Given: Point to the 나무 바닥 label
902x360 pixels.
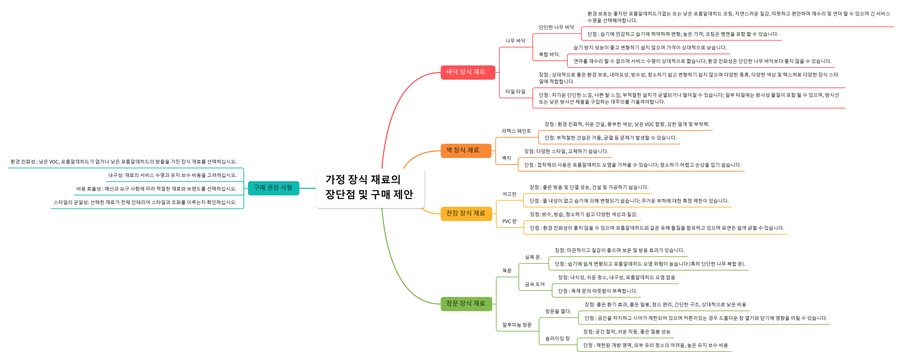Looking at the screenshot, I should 515,41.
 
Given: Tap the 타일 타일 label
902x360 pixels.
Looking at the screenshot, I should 515,92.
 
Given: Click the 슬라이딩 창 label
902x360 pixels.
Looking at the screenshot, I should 557,339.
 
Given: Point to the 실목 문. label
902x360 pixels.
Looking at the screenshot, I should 533,257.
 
